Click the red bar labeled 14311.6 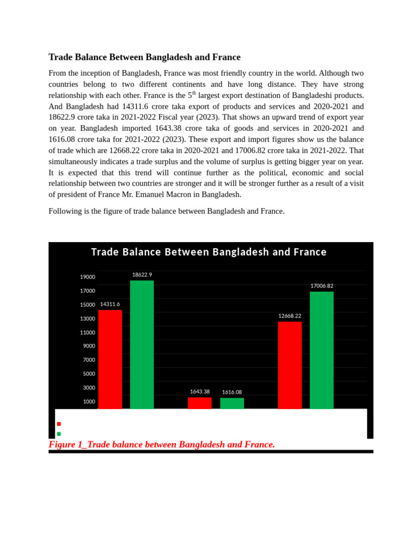coord(110,359)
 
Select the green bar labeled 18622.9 coord(142,344)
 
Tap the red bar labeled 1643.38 coord(200,403)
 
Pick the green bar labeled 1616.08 coord(232,403)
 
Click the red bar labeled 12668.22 coord(290,365)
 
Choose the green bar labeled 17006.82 coord(322,350)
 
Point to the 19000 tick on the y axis coord(88,277)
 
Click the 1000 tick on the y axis coord(89,401)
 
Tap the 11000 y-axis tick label coord(88,333)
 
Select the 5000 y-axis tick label coord(89,374)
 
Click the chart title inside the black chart coord(209,252)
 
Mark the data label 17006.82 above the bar coord(322,286)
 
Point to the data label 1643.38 coord(200,392)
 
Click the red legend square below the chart coord(59,424)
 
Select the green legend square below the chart coord(59,434)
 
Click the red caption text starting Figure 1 coord(161,444)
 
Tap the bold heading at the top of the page coord(144,57)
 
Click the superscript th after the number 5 coord(194,93)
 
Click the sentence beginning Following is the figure coord(166,211)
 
